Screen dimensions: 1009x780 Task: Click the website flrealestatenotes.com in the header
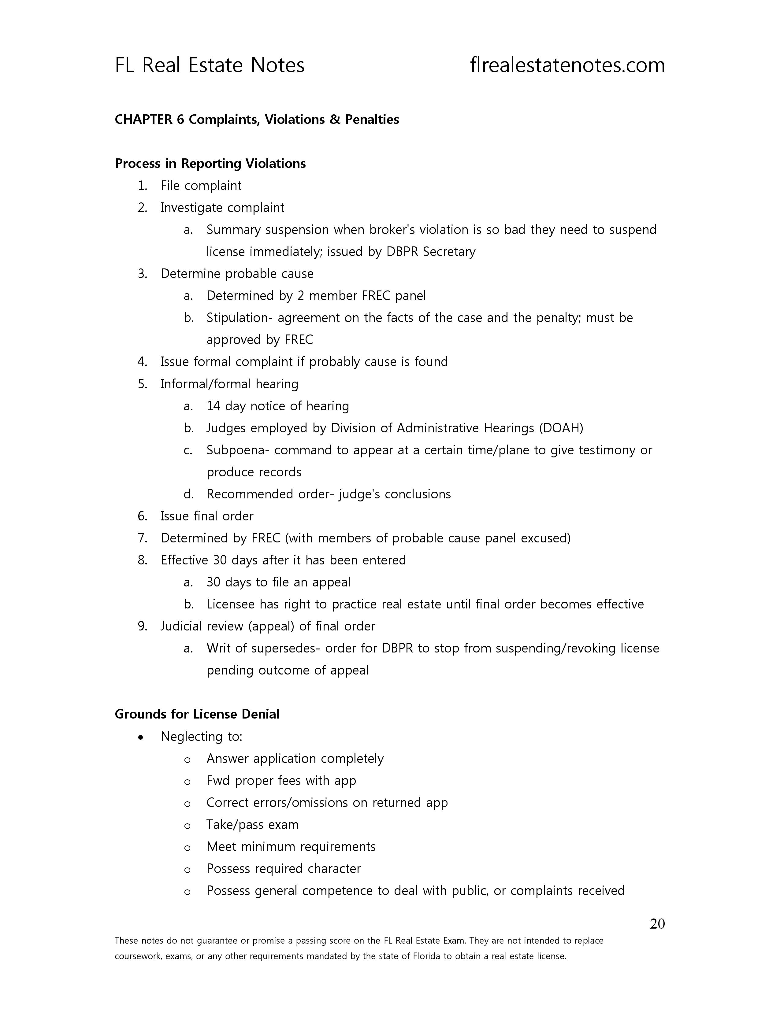[567, 65]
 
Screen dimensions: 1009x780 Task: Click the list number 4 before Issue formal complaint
[142, 362]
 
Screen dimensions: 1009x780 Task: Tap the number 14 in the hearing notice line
[214, 406]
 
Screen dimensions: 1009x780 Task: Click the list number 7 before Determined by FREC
[142, 538]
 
